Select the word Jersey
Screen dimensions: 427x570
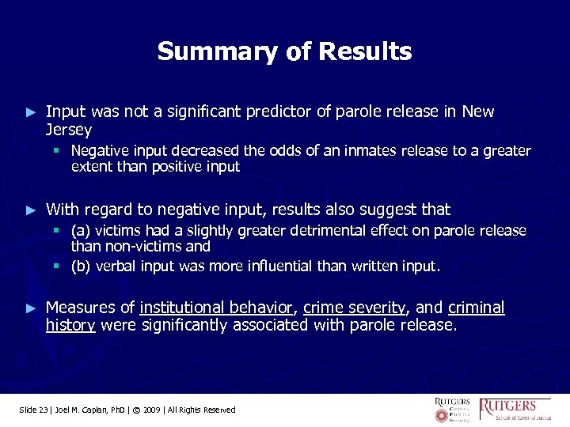(x=69, y=129)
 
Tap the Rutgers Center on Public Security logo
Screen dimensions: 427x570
(x=452, y=410)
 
